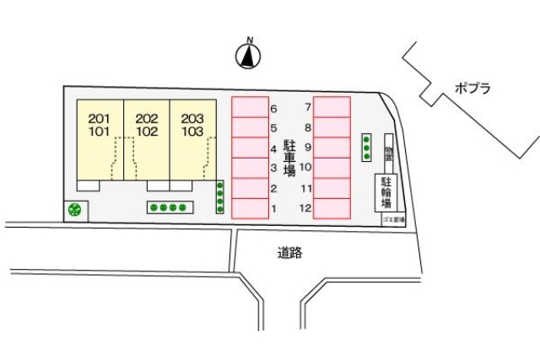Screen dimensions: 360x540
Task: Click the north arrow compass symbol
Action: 248,56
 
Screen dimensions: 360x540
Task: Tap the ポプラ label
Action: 472,87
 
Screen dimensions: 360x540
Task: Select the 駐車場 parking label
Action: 289,158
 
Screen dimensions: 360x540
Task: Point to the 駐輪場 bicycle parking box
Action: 386,193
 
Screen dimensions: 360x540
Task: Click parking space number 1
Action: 251,208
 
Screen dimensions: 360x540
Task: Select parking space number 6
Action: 251,107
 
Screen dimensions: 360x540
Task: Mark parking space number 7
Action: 332,107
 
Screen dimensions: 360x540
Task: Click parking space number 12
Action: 332,208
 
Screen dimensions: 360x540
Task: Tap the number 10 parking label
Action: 307,168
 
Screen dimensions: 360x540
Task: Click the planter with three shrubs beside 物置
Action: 366,148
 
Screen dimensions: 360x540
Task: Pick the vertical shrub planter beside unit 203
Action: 220,197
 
